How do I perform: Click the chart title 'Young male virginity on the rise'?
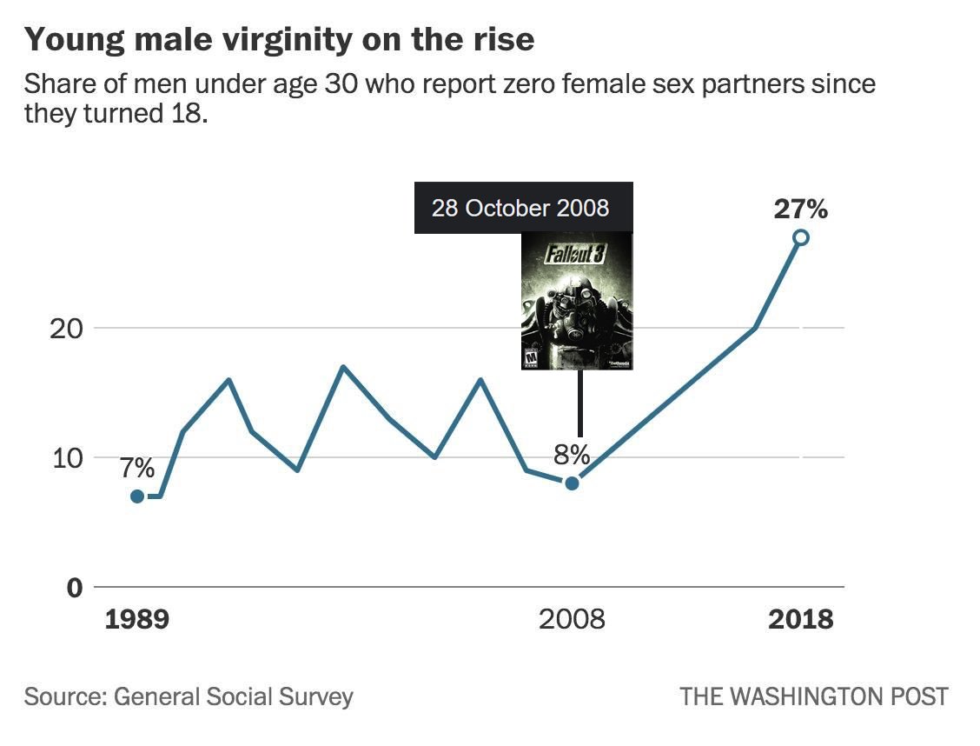point(280,39)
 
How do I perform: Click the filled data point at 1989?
point(137,496)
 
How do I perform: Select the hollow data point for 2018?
point(801,237)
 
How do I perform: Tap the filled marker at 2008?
point(572,483)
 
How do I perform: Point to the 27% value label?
point(801,209)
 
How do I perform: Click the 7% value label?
point(137,468)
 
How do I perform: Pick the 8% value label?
point(572,456)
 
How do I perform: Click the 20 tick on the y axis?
point(66,329)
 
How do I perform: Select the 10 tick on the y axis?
point(67,458)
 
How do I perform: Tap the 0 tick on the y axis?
point(75,588)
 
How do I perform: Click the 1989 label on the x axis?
point(137,619)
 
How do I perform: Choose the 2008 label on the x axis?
point(572,619)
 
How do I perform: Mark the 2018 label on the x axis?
point(801,619)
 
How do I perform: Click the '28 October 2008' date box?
point(524,208)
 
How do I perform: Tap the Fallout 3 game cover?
point(577,302)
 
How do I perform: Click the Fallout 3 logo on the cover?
point(576,254)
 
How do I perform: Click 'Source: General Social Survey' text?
point(189,696)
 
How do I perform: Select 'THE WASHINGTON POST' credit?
point(814,696)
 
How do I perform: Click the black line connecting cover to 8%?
point(580,403)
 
